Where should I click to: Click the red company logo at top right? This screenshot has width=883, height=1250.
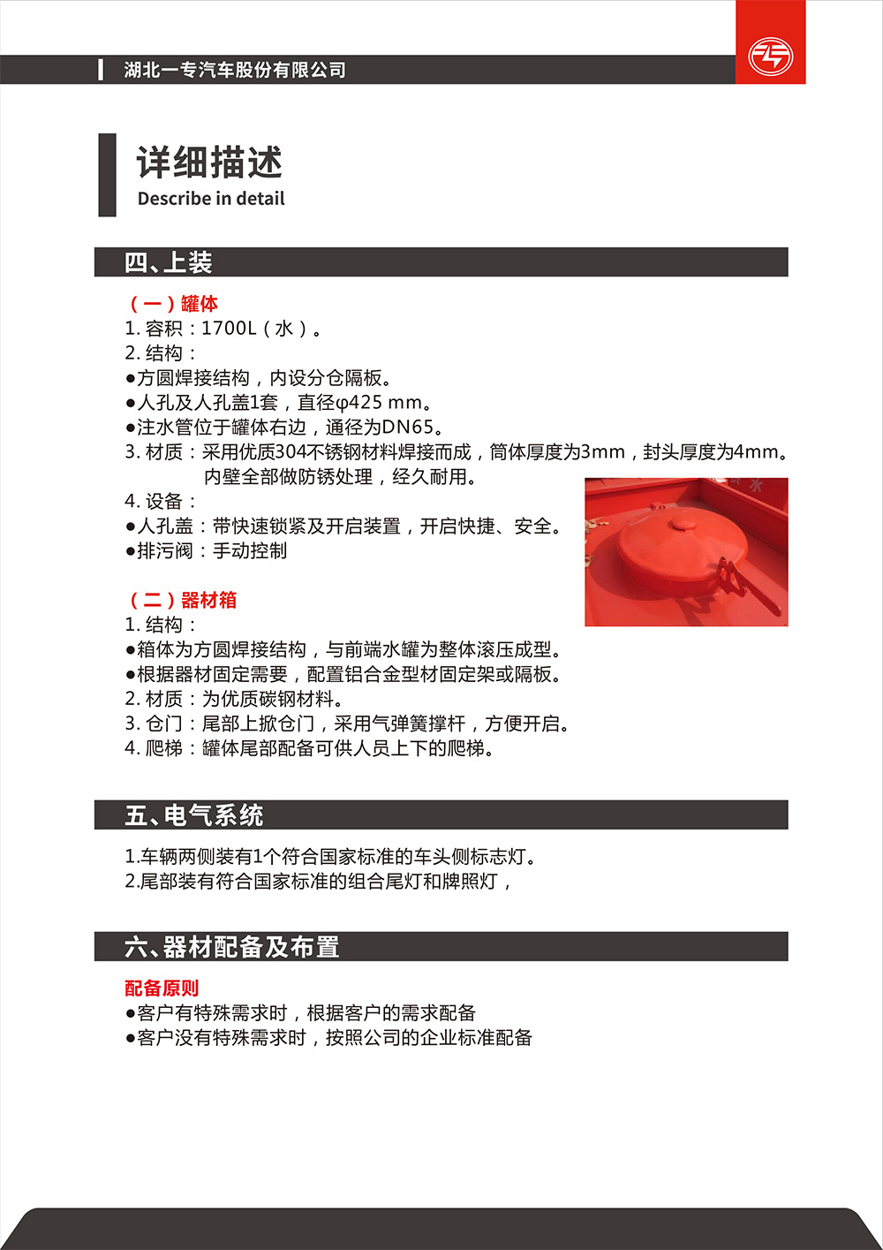770,56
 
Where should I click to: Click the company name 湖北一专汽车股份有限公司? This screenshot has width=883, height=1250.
235,70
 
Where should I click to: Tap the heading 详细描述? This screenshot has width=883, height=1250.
209,163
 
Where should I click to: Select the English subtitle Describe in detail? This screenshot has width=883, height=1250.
211,199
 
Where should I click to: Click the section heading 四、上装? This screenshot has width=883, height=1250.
169,262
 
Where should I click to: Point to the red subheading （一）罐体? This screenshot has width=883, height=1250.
174,304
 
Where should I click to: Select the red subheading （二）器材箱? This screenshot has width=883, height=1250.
183,601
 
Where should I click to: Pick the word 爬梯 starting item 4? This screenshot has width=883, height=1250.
164,748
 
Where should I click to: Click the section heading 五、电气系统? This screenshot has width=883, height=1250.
194,814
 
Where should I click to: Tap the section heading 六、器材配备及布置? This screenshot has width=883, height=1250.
232,947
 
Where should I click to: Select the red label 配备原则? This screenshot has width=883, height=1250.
162,989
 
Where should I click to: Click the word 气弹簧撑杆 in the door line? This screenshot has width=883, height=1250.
419,723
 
